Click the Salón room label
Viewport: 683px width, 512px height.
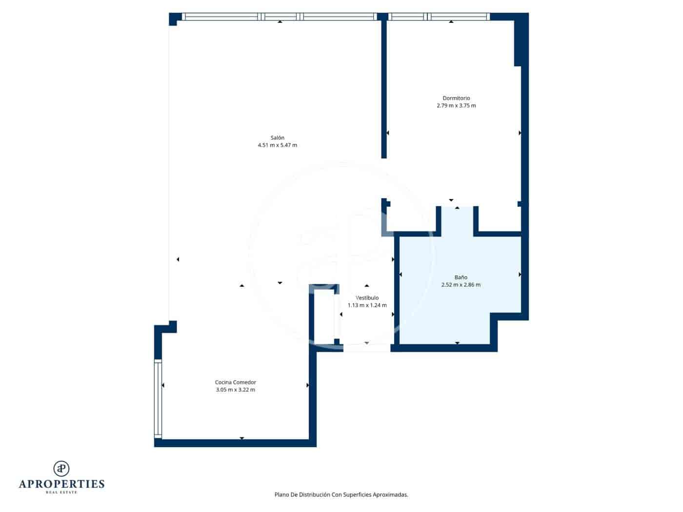tap(277, 138)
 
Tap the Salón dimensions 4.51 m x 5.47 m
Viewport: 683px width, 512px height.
tap(277, 145)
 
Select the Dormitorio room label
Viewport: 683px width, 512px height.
tap(456, 98)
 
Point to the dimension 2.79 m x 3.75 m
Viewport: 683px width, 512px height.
tap(456, 106)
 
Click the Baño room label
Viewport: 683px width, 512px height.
tap(461, 277)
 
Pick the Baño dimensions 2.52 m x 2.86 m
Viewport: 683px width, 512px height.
tap(461, 285)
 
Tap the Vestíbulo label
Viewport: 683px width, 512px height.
tap(367, 298)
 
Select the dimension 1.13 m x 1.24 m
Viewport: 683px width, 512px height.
tap(367, 305)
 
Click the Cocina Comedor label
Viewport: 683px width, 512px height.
tap(235, 382)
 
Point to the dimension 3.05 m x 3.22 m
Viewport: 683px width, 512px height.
tap(235, 390)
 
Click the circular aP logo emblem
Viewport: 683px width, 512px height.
tap(61, 468)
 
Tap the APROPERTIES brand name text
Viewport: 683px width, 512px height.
tap(61, 484)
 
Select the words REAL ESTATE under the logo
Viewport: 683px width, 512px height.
tap(61, 492)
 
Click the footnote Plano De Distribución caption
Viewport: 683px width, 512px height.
tap(341, 494)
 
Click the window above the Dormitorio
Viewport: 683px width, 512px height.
tap(439, 17)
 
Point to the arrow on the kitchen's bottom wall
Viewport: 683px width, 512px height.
tap(242, 438)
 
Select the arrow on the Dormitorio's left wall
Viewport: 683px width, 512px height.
tap(387, 133)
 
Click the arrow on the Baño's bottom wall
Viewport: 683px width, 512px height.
tap(457, 343)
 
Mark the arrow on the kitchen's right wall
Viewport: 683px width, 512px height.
tap(307, 385)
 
